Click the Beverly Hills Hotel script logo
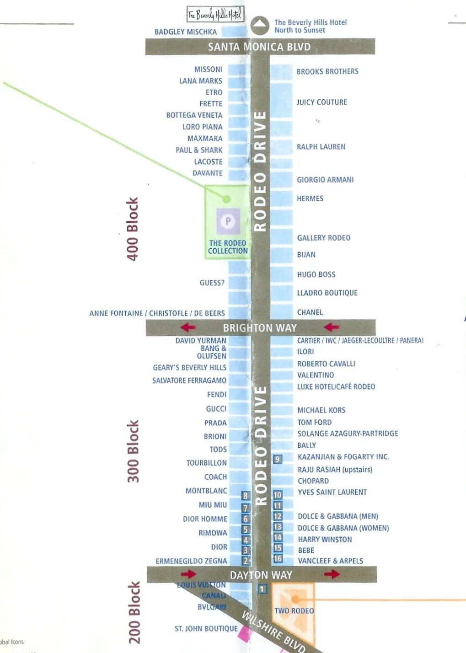pos(215,14)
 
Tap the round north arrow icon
pos(260,26)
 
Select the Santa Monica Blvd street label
pos(259,47)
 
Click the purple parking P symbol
pos(228,221)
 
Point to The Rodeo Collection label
pos(228,247)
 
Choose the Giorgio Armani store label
pos(325,180)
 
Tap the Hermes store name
pos(310,198)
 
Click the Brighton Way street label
pos(260,328)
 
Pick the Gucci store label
pos(216,409)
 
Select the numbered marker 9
pos(278,459)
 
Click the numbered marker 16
pos(278,558)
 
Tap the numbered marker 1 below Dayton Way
pos(262,589)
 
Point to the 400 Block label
pos(132,229)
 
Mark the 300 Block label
pos(133,451)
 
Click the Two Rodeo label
pos(294,611)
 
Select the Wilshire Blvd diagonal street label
pos(273,632)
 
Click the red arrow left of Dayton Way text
pos(188,574)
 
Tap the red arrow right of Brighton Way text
pos(332,327)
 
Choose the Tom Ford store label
pos(315,423)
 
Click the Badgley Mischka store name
pos(186,32)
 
